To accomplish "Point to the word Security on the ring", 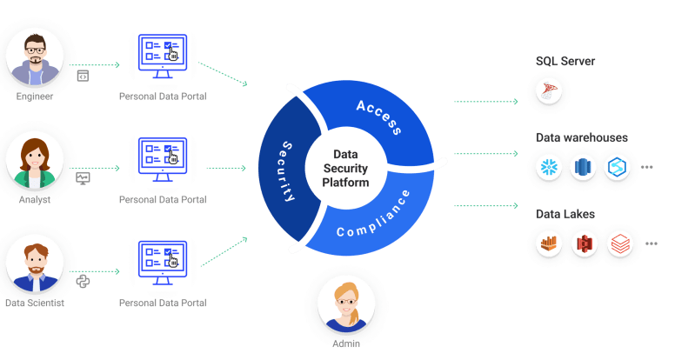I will click(x=291, y=170).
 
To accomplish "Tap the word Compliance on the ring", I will click(x=372, y=217).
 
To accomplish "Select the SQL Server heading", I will click(x=565, y=62).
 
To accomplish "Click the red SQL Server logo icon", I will click(x=550, y=90).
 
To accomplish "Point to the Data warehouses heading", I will click(x=581, y=137).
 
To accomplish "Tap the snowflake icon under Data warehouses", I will click(x=550, y=166).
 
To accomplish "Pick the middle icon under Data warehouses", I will click(x=584, y=166).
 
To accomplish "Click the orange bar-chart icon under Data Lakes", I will click(x=550, y=243).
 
